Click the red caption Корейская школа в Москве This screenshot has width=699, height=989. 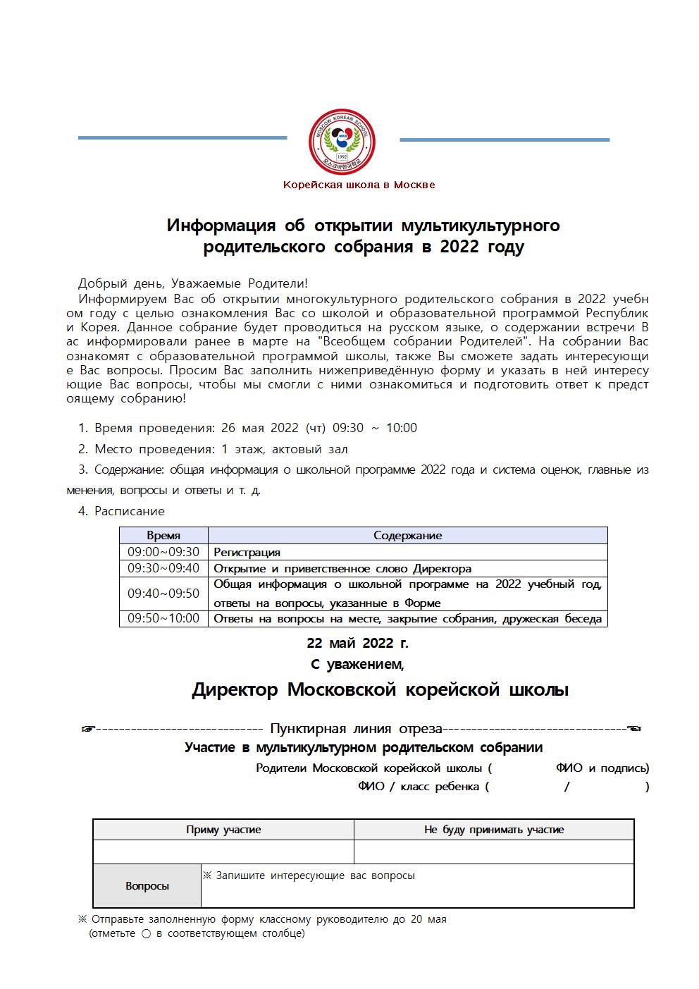pyautogui.click(x=359, y=185)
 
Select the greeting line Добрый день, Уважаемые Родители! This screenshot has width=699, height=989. pyautogui.click(x=193, y=283)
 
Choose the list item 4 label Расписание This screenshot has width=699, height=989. pyautogui.click(x=130, y=511)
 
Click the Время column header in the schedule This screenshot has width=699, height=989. pyautogui.click(x=163, y=536)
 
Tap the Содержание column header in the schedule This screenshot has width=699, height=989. pyautogui.click(x=407, y=536)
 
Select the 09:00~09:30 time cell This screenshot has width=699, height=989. pyautogui.click(x=163, y=552)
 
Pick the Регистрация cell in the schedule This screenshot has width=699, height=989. pyautogui.click(x=247, y=553)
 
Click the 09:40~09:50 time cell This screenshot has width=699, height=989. pyautogui.click(x=163, y=594)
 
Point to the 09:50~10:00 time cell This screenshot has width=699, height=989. pyautogui.click(x=163, y=618)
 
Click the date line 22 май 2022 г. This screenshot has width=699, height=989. pyautogui.click(x=357, y=643)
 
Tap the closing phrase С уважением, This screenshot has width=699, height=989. pyautogui.click(x=357, y=664)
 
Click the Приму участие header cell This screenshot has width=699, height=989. pyautogui.click(x=223, y=830)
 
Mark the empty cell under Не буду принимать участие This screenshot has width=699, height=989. pyautogui.click(x=493, y=852)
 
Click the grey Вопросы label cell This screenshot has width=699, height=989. pyautogui.click(x=147, y=886)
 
